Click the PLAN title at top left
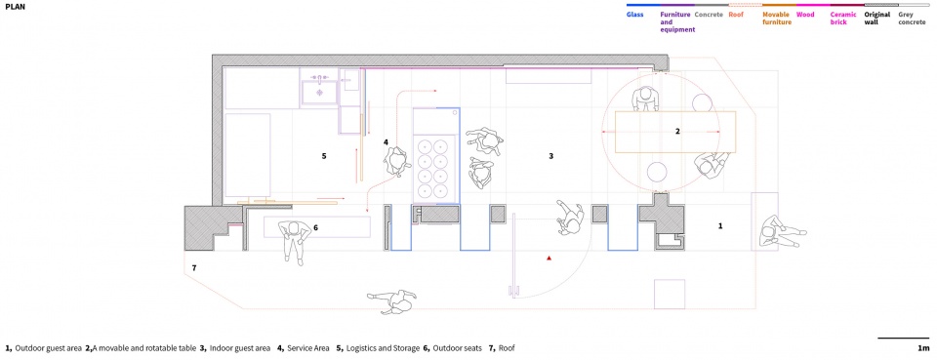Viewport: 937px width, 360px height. click(x=15, y=7)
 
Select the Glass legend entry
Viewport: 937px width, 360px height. click(x=634, y=14)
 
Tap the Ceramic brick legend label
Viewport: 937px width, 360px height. click(x=843, y=18)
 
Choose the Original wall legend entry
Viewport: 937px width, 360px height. click(x=877, y=18)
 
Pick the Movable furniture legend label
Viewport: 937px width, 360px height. click(x=777, y=18)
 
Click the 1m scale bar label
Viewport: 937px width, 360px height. click(x=924, y=348)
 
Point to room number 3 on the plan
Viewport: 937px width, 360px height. click(x=550, y=156)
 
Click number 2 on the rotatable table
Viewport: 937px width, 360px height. click(x=677, y=131)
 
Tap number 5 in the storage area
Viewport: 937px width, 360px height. click(x=323, y=156)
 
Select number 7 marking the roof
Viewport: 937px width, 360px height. click(x=193, y=268)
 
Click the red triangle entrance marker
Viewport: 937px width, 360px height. click(x=548, y=258)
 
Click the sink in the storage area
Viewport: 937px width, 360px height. click(x=318, y=90)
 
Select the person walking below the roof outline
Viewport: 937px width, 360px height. click(x=392, y=300)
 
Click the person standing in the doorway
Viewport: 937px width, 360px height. click(x=569, y=218)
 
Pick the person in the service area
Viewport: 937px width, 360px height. click(x=396, y=162)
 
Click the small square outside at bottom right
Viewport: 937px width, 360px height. click(x=669, y=294)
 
